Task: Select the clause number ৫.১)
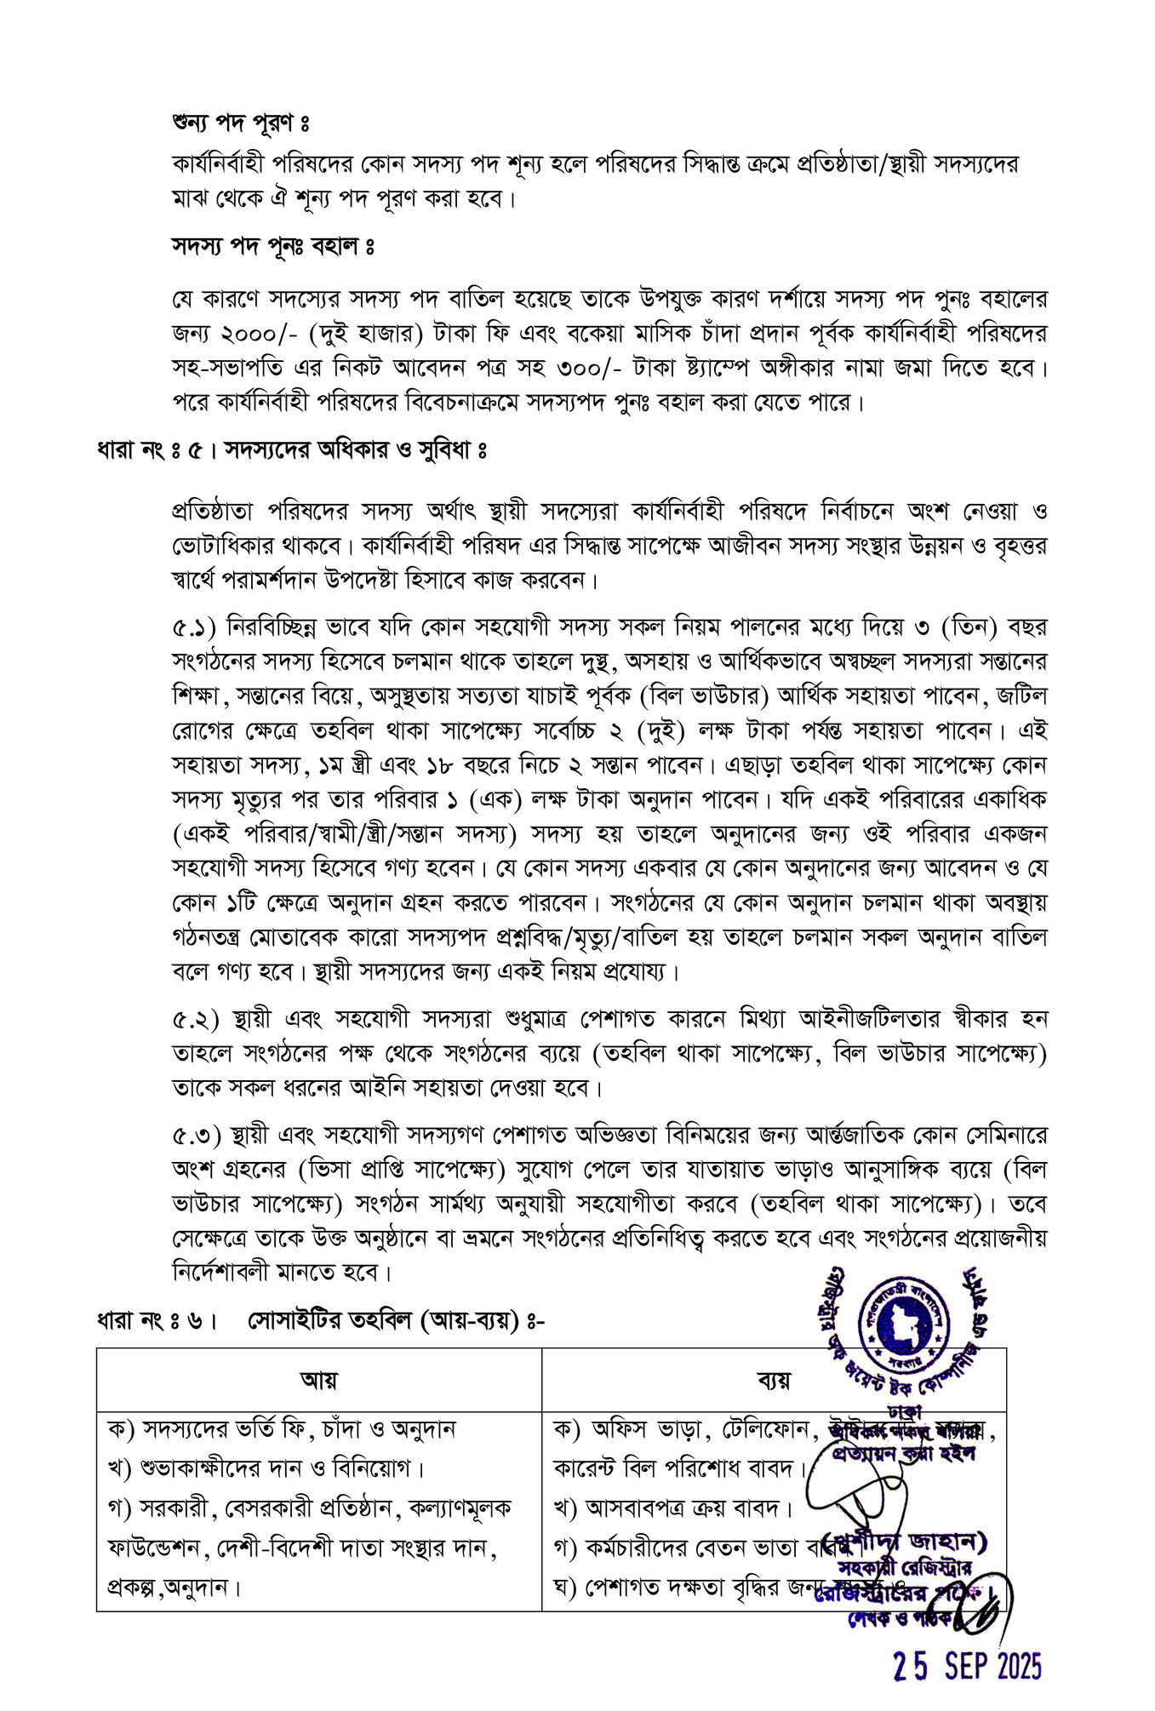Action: pyautogui.click(x=196, y=627)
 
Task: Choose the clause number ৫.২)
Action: pyautogui.click(x=196, y=1019)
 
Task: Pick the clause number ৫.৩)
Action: pyautogui.click(x=196, y=1136)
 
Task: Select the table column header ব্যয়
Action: pyautogui.click(x=773, y=1380)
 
